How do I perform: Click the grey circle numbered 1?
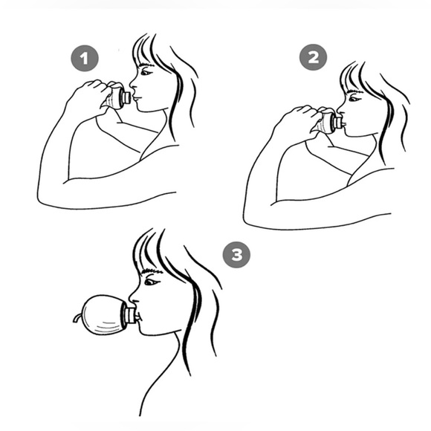pyautogui.click(x=85, y=58)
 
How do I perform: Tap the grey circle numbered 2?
pyautogui.click(x=313, y=57)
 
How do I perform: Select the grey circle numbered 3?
pyautogui.click(x=236, y=255)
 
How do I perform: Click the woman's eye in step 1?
pyautogui.click(x=146, y=73)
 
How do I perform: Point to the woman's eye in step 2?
pyautogui.click(x=354, y=98)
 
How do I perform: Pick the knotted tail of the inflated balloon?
pyautogui.click(x=77, y=318)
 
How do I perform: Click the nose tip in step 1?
pyautogui.click(x=131, y=83)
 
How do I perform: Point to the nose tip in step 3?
pyautogui.click(x=130, y=298)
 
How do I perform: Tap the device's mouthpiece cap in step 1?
pyautogui.click(x=127, y=97)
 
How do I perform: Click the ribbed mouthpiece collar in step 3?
pyautogui.click(x=129, y=315)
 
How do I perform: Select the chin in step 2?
pyautogui.click(x=348, y=132)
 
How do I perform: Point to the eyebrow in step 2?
pyautogui.click(x=355, y=91)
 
